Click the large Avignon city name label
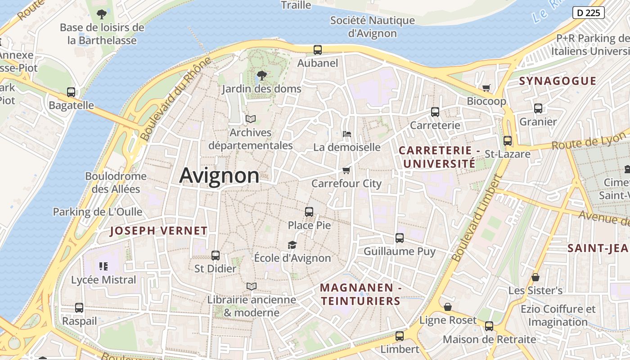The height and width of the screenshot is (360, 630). [x=219, y=175]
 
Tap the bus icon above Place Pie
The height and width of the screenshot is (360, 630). [x=309, y=212]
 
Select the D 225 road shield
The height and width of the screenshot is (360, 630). [x=588, y=13]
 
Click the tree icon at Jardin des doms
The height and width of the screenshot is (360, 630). [x=261, y=76]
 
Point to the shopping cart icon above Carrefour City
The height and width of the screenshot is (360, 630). [x=346, y=170]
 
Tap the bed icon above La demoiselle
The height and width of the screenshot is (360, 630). [x=346, y=134]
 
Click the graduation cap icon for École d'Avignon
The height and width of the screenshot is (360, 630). [x=292, y=245]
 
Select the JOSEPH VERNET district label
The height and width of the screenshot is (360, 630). [x=159, y=231]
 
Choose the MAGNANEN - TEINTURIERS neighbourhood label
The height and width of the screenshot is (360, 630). [x=360, y=294]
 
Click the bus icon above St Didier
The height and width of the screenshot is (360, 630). [x=216, y=256]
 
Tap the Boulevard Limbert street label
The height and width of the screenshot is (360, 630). [x=477, y=218]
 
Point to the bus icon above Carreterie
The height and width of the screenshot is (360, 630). [x=435, y=112]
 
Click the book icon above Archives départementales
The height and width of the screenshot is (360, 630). [x=251, y=119]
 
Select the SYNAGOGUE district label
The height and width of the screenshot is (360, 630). [x=558, y=81]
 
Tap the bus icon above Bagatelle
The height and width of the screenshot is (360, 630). [x=71, y=92]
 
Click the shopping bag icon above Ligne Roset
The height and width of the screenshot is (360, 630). [x=448, y=307]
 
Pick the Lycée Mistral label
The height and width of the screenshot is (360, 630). [x=103, y=280]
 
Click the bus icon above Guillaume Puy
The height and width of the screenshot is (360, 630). [x=399, y=238]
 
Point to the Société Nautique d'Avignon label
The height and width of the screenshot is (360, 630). [x=373, y=27]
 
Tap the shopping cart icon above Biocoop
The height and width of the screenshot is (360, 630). [x=486, y=88]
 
